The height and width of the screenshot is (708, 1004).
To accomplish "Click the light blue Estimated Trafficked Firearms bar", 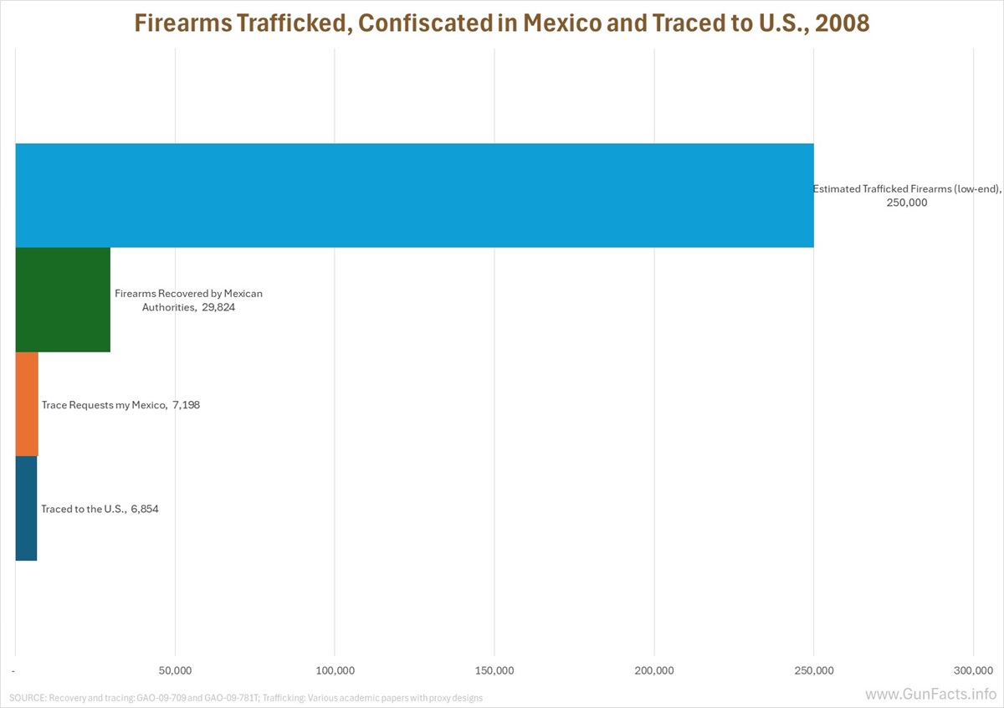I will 414,195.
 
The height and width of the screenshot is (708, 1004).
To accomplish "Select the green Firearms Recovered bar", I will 63,300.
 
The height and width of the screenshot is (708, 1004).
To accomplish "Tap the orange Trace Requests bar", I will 27,404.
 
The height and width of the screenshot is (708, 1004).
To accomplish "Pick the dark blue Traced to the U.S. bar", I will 26,508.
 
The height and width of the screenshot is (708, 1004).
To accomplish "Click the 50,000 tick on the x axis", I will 175,670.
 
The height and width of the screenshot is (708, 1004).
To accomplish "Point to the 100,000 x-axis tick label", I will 335,670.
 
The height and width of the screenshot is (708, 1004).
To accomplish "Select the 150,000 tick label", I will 494,670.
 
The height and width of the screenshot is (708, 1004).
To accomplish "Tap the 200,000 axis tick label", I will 654,670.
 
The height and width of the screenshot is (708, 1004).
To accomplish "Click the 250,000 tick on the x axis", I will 813,670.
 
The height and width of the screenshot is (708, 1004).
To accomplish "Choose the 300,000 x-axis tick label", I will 973,670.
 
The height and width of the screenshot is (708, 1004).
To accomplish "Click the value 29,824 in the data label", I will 219,307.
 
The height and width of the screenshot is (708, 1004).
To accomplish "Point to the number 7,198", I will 186,405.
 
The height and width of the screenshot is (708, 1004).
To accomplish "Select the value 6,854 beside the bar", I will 144,509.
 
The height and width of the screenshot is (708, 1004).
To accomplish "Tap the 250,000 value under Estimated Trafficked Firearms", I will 907,203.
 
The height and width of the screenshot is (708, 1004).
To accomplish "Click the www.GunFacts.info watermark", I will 930,695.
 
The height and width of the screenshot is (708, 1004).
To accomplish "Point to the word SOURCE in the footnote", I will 27,697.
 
